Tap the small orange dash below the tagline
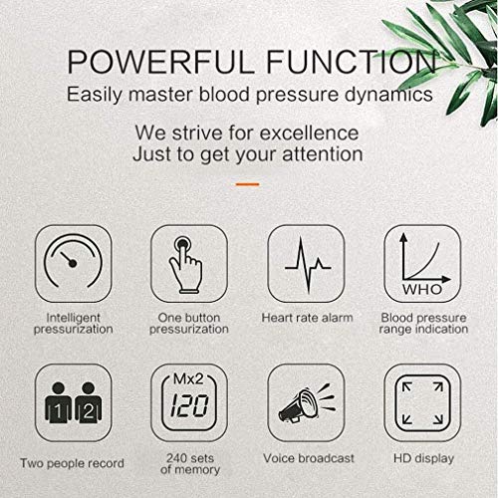coord(248,184)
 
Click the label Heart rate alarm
coord(308,318)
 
